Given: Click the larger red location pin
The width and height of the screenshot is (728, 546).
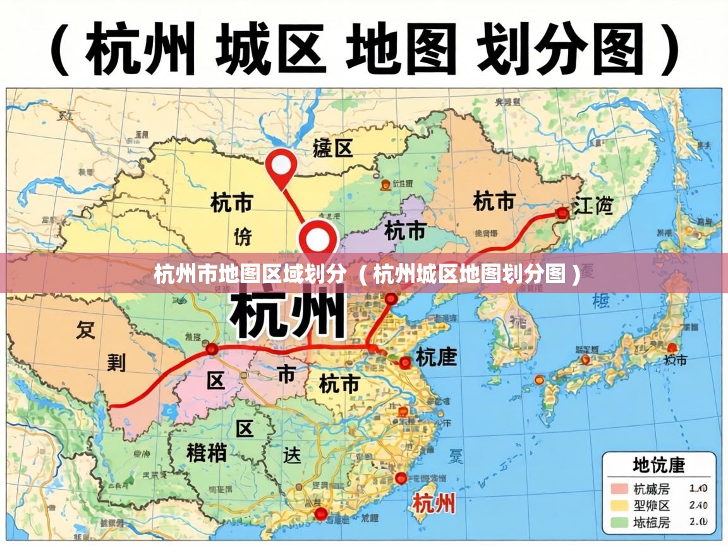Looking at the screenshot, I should tap(318, 239).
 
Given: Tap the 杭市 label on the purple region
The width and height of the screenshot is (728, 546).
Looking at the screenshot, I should tap(405, 231).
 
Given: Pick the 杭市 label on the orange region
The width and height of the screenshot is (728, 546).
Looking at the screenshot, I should tap(494, 202).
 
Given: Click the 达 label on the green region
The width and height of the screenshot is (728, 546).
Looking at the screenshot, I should tap(292, 455).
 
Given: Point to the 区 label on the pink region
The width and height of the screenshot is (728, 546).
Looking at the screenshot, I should tap(216, 380).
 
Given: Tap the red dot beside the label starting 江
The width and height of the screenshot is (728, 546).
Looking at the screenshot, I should tap(562, 213).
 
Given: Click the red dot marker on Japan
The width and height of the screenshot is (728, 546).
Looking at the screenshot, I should tap(672, 347).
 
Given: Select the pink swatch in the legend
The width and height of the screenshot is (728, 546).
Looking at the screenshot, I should tap(619, 488).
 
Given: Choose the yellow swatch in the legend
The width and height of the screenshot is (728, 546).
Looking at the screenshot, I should tap(619, 506).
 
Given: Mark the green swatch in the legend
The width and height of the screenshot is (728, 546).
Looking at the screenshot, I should tap(619, 523).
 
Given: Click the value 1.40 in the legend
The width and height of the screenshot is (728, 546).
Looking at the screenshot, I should tap(698, 488).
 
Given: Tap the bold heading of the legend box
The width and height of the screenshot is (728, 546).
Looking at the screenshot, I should tap(659, 465).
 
